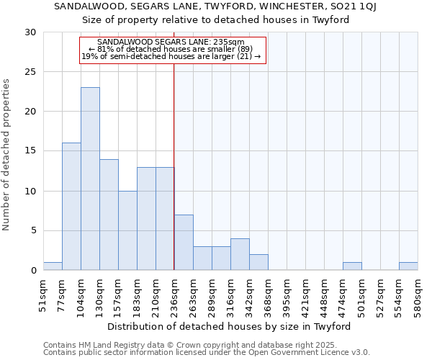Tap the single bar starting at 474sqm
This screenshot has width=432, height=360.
[x=352, y=266]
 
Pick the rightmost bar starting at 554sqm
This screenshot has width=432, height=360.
[x=408, y=266]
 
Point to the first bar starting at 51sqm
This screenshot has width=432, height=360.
[x=53, y=266]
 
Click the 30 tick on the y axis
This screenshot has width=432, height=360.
[x=30, y=32]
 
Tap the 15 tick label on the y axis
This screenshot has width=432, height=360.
[x=30, y=151]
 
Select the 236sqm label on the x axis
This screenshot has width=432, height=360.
[x=174, y=292]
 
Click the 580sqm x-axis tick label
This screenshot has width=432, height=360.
[x=418, y=292]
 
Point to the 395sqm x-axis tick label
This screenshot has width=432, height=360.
[x=287, y=292]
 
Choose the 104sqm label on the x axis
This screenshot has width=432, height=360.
[x=81, y=292]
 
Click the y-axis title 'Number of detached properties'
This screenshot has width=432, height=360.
[x=7, y=155]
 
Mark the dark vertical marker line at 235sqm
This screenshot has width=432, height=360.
[x=174, y=166]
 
